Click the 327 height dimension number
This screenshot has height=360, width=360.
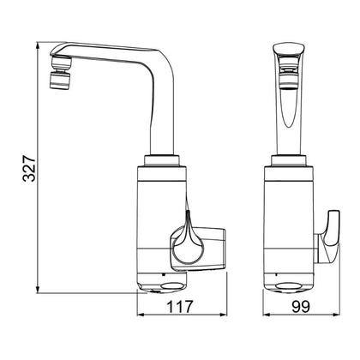click(29, 169)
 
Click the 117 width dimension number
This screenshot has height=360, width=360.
click(180, 307)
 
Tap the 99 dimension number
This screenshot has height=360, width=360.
click(301, 307)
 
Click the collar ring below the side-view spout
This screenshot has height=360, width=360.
click(162, 160)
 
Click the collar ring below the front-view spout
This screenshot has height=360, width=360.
click(289, 160)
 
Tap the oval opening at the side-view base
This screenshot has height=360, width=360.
click(172, 286)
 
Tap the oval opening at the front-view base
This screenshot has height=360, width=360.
click(289, 286)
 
